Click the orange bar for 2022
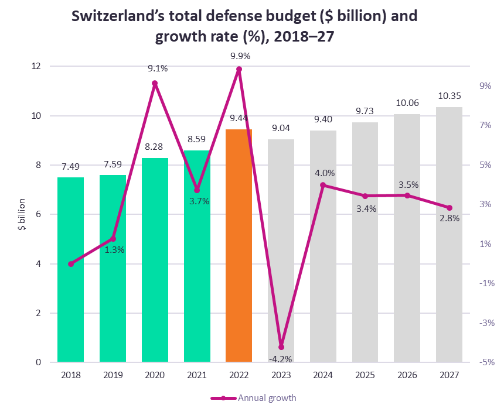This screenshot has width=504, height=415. point(239,246)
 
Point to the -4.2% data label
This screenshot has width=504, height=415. point(280,359)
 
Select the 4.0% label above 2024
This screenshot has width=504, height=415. point(325,173)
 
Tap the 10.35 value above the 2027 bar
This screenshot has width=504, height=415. point(449,97)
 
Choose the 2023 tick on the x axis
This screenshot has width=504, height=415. point(281,375)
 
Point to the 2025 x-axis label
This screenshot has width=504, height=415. point(365,375)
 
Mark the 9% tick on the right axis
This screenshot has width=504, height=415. point(485,86)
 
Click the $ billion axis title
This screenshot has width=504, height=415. point(22,214)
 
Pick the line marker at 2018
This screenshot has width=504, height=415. point(71,264)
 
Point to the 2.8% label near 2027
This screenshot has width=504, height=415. point(449,218)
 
